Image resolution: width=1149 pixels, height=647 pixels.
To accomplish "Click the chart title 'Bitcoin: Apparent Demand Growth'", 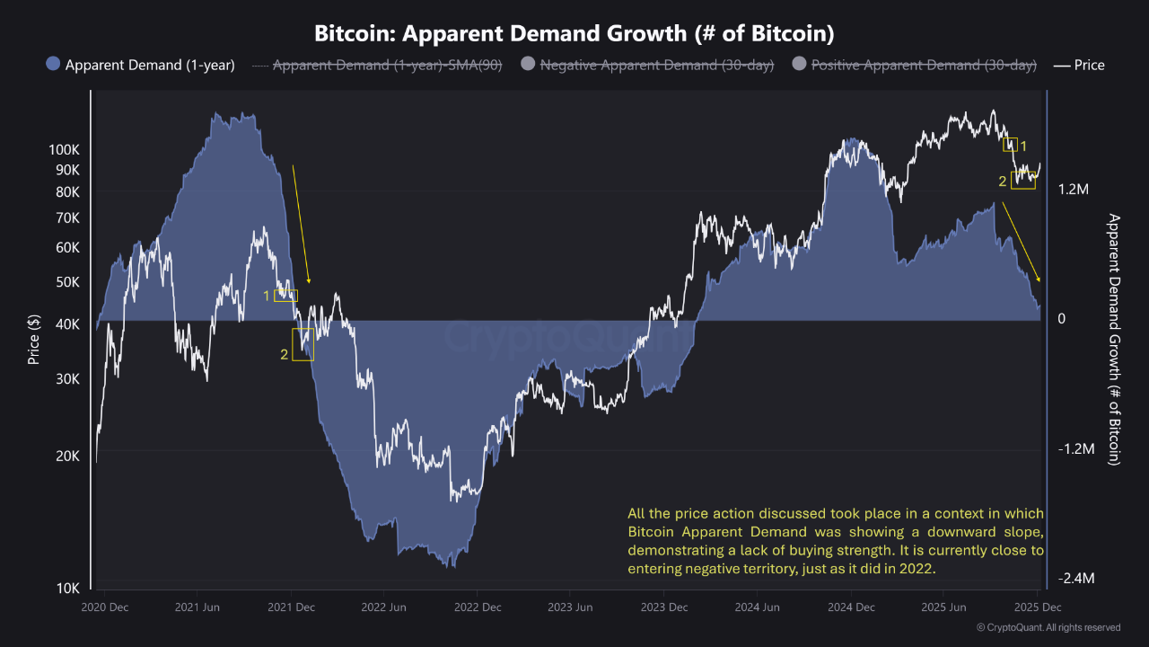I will (x=574, y=34).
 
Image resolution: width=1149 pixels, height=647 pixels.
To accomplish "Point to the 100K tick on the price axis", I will (x=64, y=149).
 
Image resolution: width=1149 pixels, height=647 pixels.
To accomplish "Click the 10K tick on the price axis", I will (x=67, y=588).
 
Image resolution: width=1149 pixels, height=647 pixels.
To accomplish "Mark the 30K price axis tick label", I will (x=67, y=379).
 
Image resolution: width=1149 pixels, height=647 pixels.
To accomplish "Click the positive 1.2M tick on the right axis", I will (x=1074, y=190).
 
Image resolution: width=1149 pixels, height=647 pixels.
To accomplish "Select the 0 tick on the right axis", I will (x=1061, y=319).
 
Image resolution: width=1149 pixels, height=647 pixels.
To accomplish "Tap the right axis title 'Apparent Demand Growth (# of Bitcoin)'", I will (x=1114, y=339).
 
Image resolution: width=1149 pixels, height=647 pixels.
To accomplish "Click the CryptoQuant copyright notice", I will (x=1048, y=627).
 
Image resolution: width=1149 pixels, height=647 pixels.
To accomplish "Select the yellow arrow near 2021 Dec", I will (x=301, y=225).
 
